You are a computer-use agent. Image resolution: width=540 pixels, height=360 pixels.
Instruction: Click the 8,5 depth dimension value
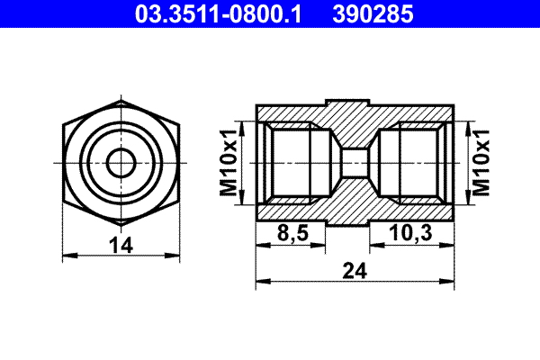coord(292,233)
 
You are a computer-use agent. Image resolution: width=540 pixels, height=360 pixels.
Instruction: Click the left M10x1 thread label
coord(229,163)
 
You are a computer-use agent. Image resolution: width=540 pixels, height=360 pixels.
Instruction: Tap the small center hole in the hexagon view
coord(119,163)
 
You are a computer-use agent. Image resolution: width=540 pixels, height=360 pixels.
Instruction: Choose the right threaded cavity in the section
coord(413,163)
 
